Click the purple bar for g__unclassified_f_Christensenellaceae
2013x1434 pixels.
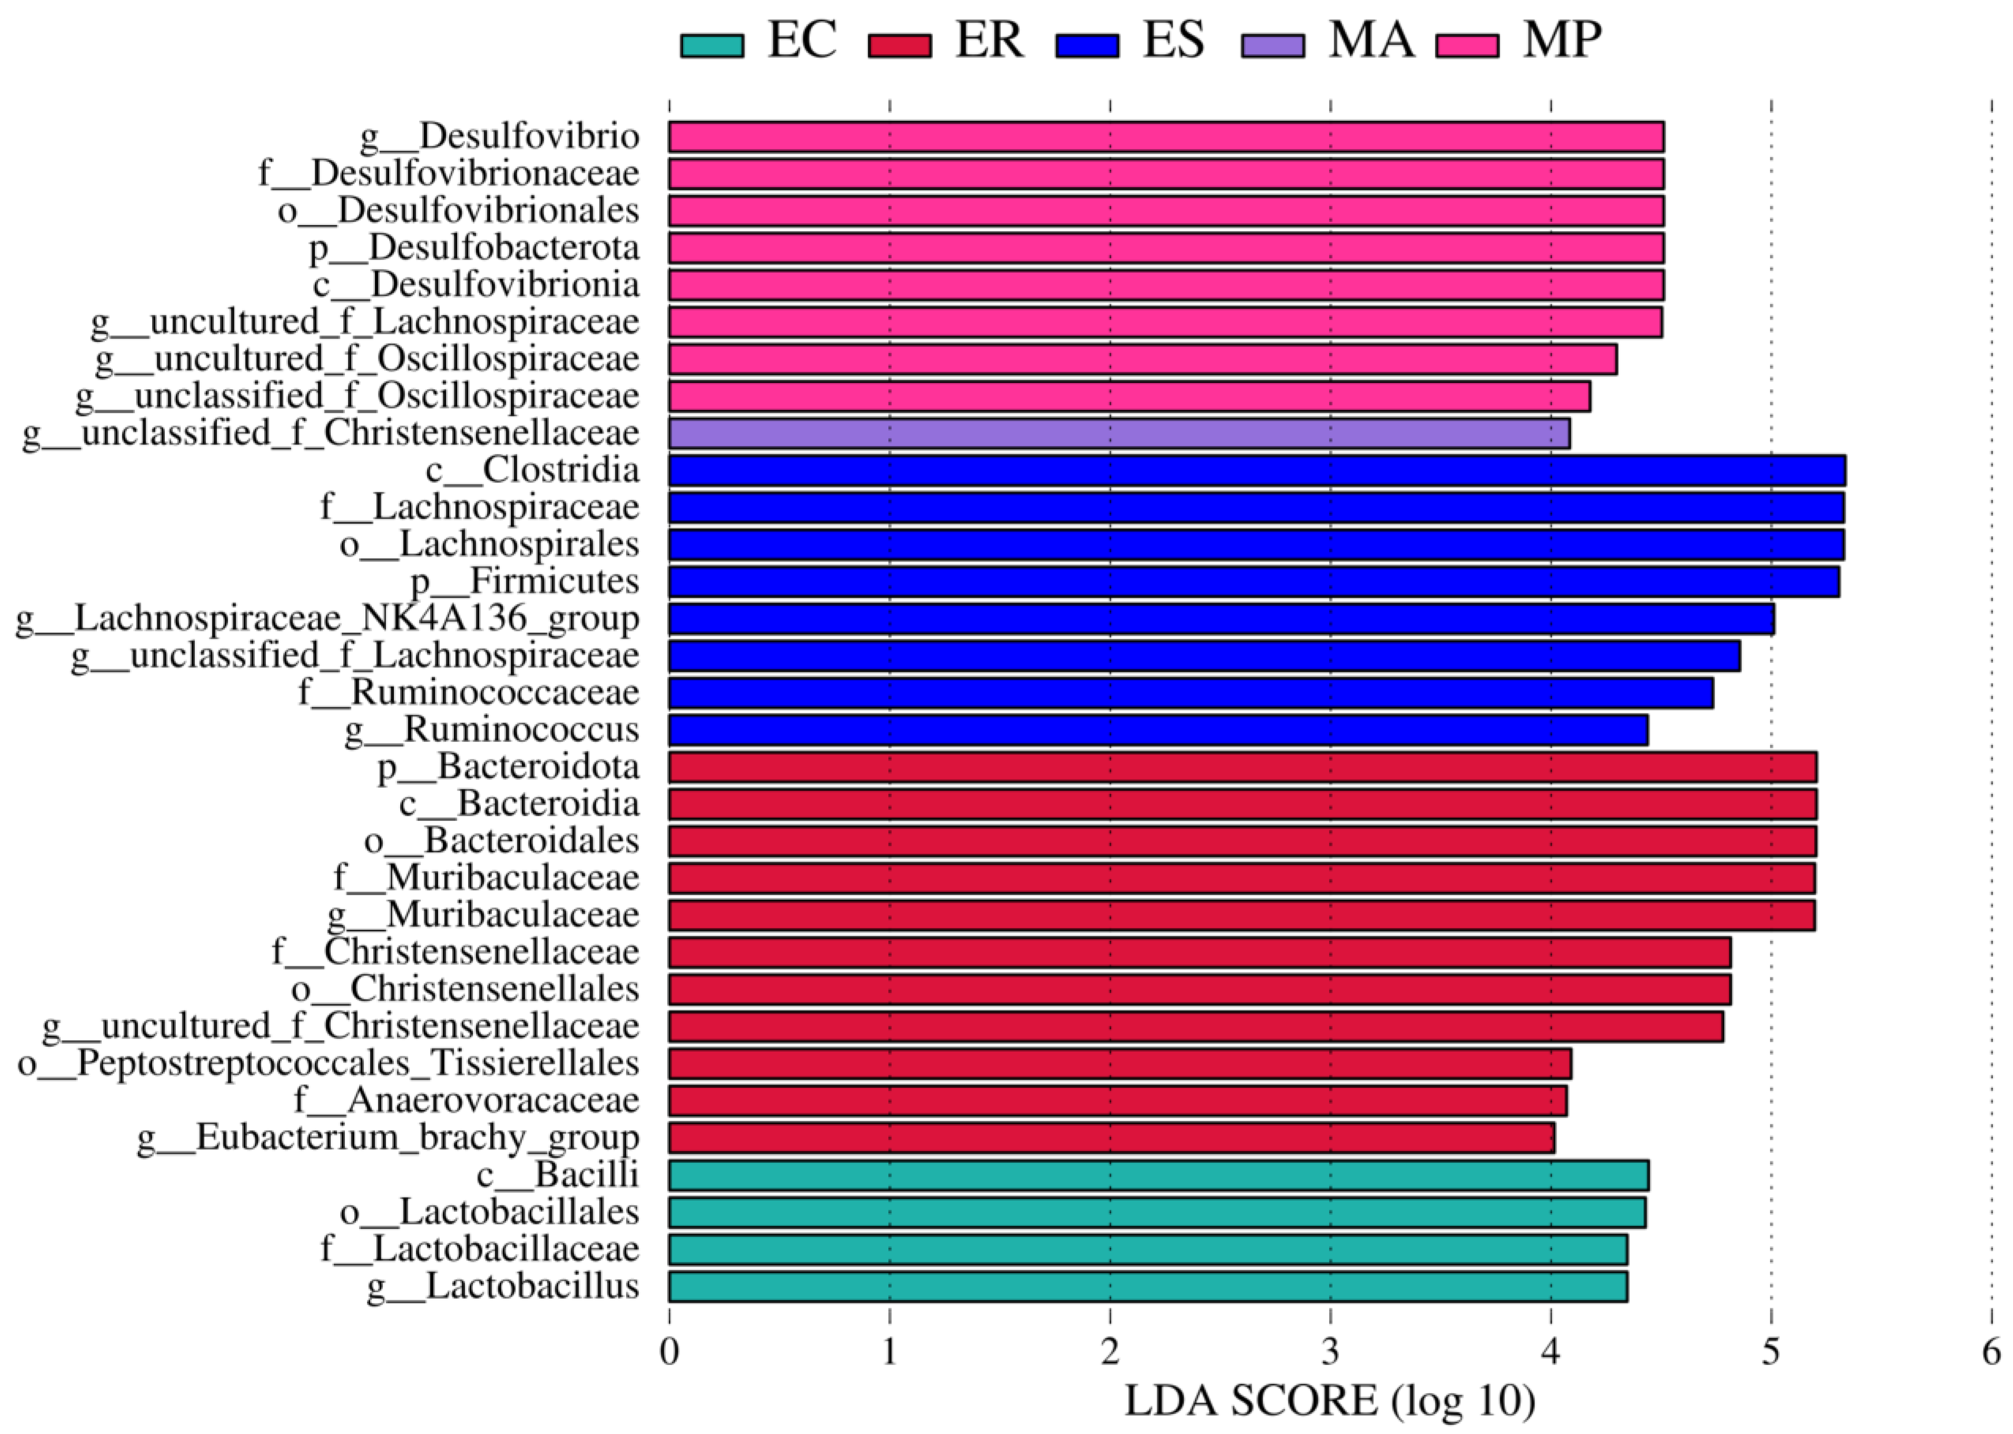click(1118, 433)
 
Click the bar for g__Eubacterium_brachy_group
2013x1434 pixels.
click(1110, 1138)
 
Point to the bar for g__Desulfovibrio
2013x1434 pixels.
click(1165, 137)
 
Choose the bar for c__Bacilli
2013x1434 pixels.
click(1157, 1175)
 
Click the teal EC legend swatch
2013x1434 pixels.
click(711, 44)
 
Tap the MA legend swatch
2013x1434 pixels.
click(1272, 44)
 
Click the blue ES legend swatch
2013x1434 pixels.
click(1087, 44)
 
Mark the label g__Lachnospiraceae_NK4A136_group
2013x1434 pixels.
click(328, 619)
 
